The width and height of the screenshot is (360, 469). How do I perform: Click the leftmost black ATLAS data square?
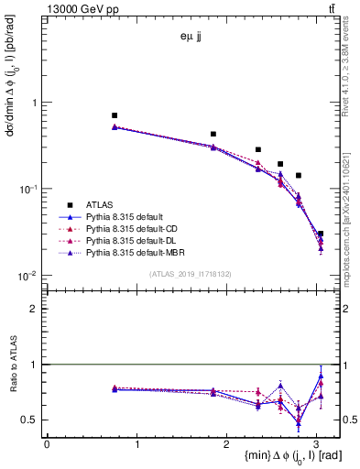coord(115,115)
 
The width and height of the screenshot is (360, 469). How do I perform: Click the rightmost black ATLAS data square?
coord(320,234)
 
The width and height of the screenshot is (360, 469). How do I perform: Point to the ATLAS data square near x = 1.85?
coord(213,134)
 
